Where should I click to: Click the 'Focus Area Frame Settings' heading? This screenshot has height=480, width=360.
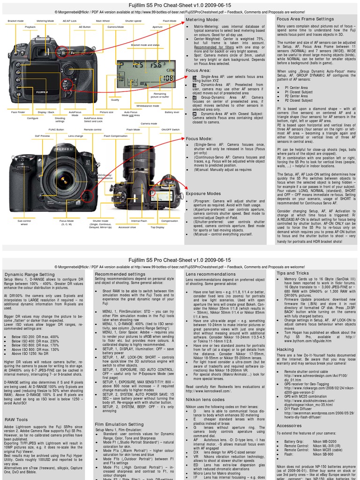(305, 19)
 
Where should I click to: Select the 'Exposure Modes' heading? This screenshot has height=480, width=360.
(203, 193)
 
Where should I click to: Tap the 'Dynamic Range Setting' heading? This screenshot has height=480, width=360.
(30, 274)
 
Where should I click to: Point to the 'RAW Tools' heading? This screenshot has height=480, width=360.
(16, 420)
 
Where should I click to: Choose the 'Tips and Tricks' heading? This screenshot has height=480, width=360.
(292, 273)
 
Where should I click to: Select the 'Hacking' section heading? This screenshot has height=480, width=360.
(285, 349)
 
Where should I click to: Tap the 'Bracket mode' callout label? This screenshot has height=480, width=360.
(15, 21)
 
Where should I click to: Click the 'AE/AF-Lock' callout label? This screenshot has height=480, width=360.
(69, 21)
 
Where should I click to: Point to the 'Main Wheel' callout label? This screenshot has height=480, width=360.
(103, 21)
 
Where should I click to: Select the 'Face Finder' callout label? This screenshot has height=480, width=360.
(18, 112)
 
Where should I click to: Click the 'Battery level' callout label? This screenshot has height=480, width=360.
(172, 112)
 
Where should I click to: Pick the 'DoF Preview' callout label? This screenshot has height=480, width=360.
(42, 135)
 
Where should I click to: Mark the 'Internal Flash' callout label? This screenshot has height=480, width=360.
(139, 220)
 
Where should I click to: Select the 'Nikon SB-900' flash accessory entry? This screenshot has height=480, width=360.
(323, 454)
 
